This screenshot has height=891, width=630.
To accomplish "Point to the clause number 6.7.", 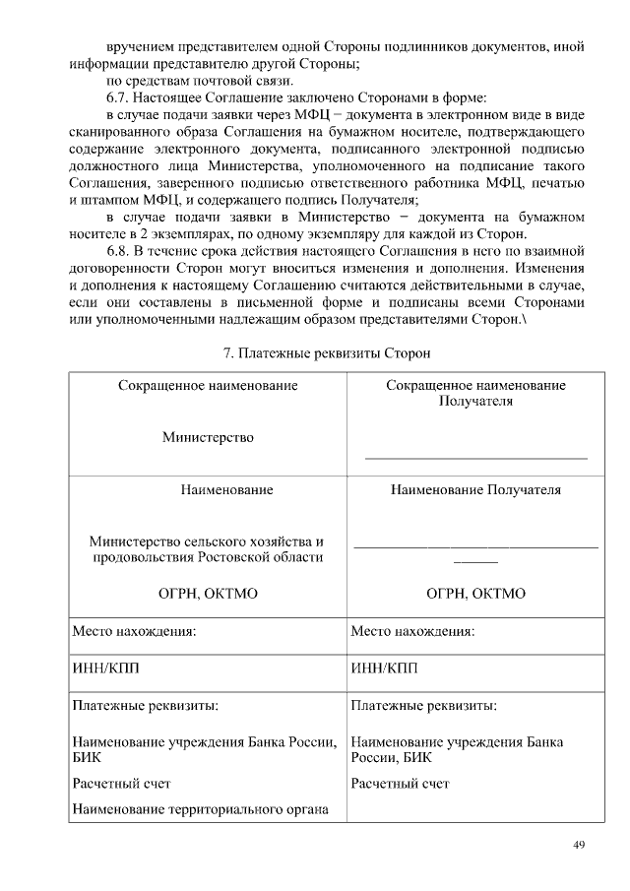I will coord(119,97).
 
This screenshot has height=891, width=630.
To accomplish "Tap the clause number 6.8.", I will coord(119,250).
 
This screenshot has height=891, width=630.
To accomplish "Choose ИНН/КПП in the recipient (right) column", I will coord(384,669).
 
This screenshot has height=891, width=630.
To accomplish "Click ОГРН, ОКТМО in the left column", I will coord(207,593).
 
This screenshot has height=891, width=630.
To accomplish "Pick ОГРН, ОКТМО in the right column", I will coord(475,593).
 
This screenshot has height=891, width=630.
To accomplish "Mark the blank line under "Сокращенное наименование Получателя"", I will coord(475,457).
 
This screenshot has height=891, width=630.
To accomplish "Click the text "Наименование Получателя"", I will coord(475,489).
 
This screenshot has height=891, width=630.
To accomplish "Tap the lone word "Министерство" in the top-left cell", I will coord(208,437).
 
